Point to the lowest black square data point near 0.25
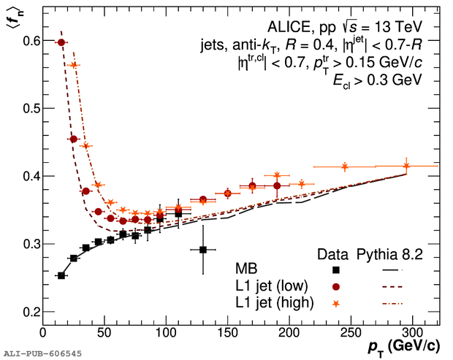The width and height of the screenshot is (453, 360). pos(61,275)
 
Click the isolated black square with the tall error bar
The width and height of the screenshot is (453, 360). pos(203,250)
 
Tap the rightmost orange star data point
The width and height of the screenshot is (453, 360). pos(406,166)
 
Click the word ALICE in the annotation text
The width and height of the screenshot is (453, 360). pos(338,26)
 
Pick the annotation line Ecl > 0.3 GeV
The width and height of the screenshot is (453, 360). pos(400,81)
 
